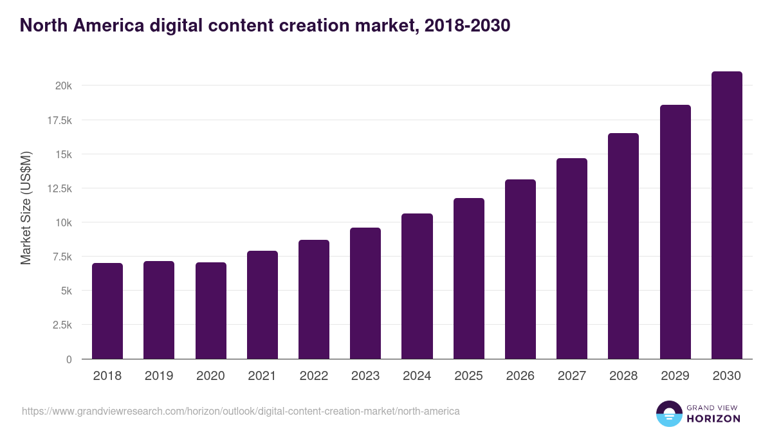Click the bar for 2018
click(x=107, y=311)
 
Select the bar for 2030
click(x=726, y=215)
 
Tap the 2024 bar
click(x=417, y=286)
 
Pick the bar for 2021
click(x=262, y=305)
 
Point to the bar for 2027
click(x=572, y=258)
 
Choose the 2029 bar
click(x=675, y=232)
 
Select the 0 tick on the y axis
click(x=68, y=359)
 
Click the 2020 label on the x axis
click(x=210, y=376)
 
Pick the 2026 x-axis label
click(x=520, y=376)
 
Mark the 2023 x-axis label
click(x=365, y=376)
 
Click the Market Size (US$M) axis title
click(x=26, y=208)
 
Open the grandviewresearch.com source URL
click(x=241, y=411)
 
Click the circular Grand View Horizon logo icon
click(x=668, y=413)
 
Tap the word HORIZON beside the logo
click(x=713, y=419)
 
